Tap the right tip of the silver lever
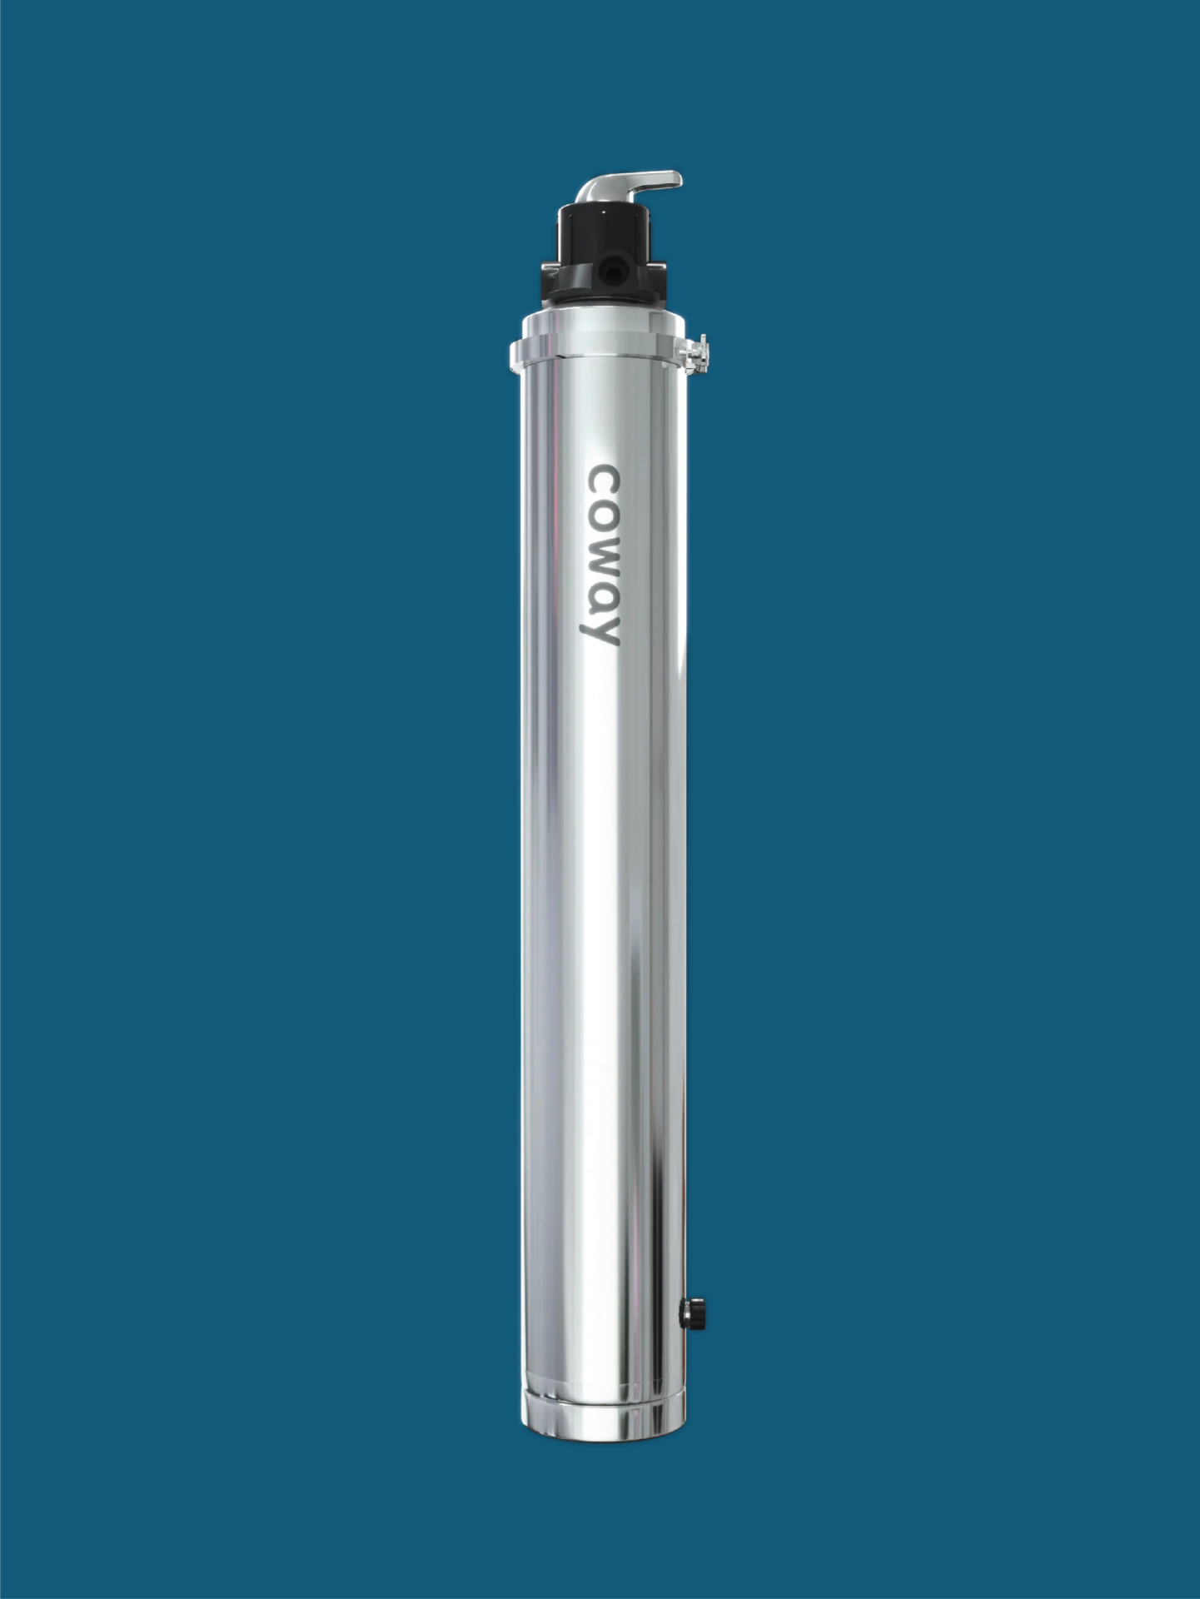pyautogui.click(x=681, y=179)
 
